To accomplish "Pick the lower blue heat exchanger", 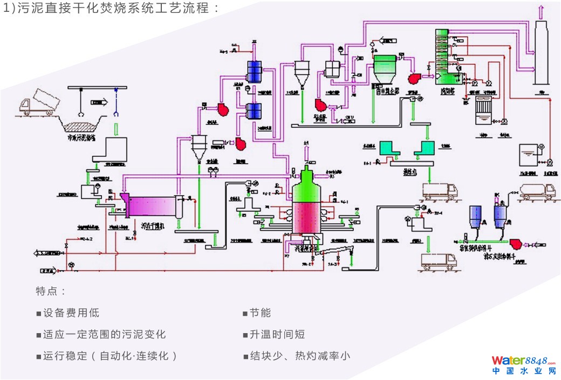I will pos(254,110).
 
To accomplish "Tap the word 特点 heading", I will pos(51,292).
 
